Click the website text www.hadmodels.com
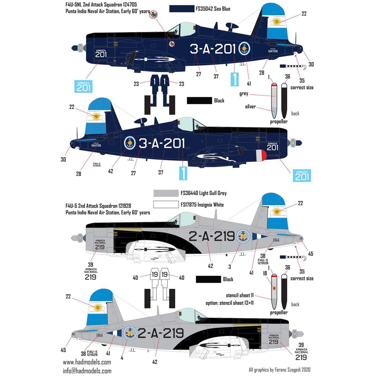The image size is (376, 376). [87, 362]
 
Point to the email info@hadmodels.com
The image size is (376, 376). [87, 370]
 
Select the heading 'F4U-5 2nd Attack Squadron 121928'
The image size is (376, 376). [94, 206]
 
